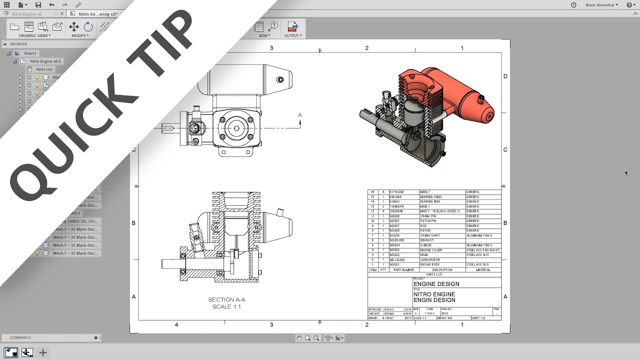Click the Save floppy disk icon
click(x=38, y=4)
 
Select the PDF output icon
click(x=292, y=26)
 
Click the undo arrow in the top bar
click(x=52, y=4)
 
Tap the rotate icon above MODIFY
click(x=88, y=26)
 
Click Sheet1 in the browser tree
click(x=30, y=53)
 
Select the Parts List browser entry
click(x=44, y=69)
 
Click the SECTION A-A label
click(x=226, y=300)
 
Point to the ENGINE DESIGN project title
click(x=436, y=284)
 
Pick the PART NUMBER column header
click(x=403, y=269)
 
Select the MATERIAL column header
click(x=482, y=269)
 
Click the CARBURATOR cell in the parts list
click(x=429, y=260)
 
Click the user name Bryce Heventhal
click(x=601, y=5)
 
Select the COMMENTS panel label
click(x=20, y=338)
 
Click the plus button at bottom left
click(x=43, y=353)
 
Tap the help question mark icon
click(x=629, y=5)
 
